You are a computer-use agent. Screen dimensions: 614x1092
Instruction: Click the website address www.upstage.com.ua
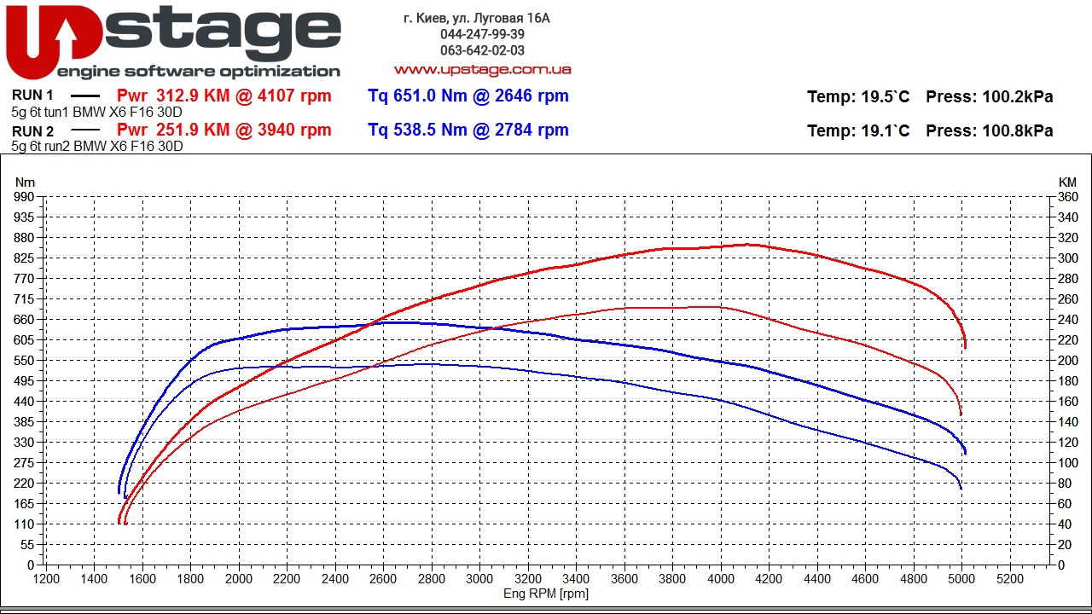[x=482, y=69]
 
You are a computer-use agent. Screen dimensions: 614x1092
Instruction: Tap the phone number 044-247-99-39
[x=482, y=34]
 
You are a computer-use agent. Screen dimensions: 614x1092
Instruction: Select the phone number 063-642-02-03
[x=482, y=50]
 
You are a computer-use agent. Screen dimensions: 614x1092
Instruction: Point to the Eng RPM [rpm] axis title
[x=546, y=594]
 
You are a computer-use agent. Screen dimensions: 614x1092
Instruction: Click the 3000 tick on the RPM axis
[x=479, y=579]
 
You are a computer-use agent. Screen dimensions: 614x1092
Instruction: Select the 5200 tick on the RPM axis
[x=1009, y=579]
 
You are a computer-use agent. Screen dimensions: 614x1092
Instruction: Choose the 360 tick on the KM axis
[x=1067, y=197]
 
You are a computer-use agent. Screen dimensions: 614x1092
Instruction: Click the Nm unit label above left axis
[x=26, y=182]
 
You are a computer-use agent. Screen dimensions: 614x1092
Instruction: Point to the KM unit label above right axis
[x=1067, y=182]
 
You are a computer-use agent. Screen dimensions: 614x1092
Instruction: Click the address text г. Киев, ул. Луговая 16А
[x=477, y=18]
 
